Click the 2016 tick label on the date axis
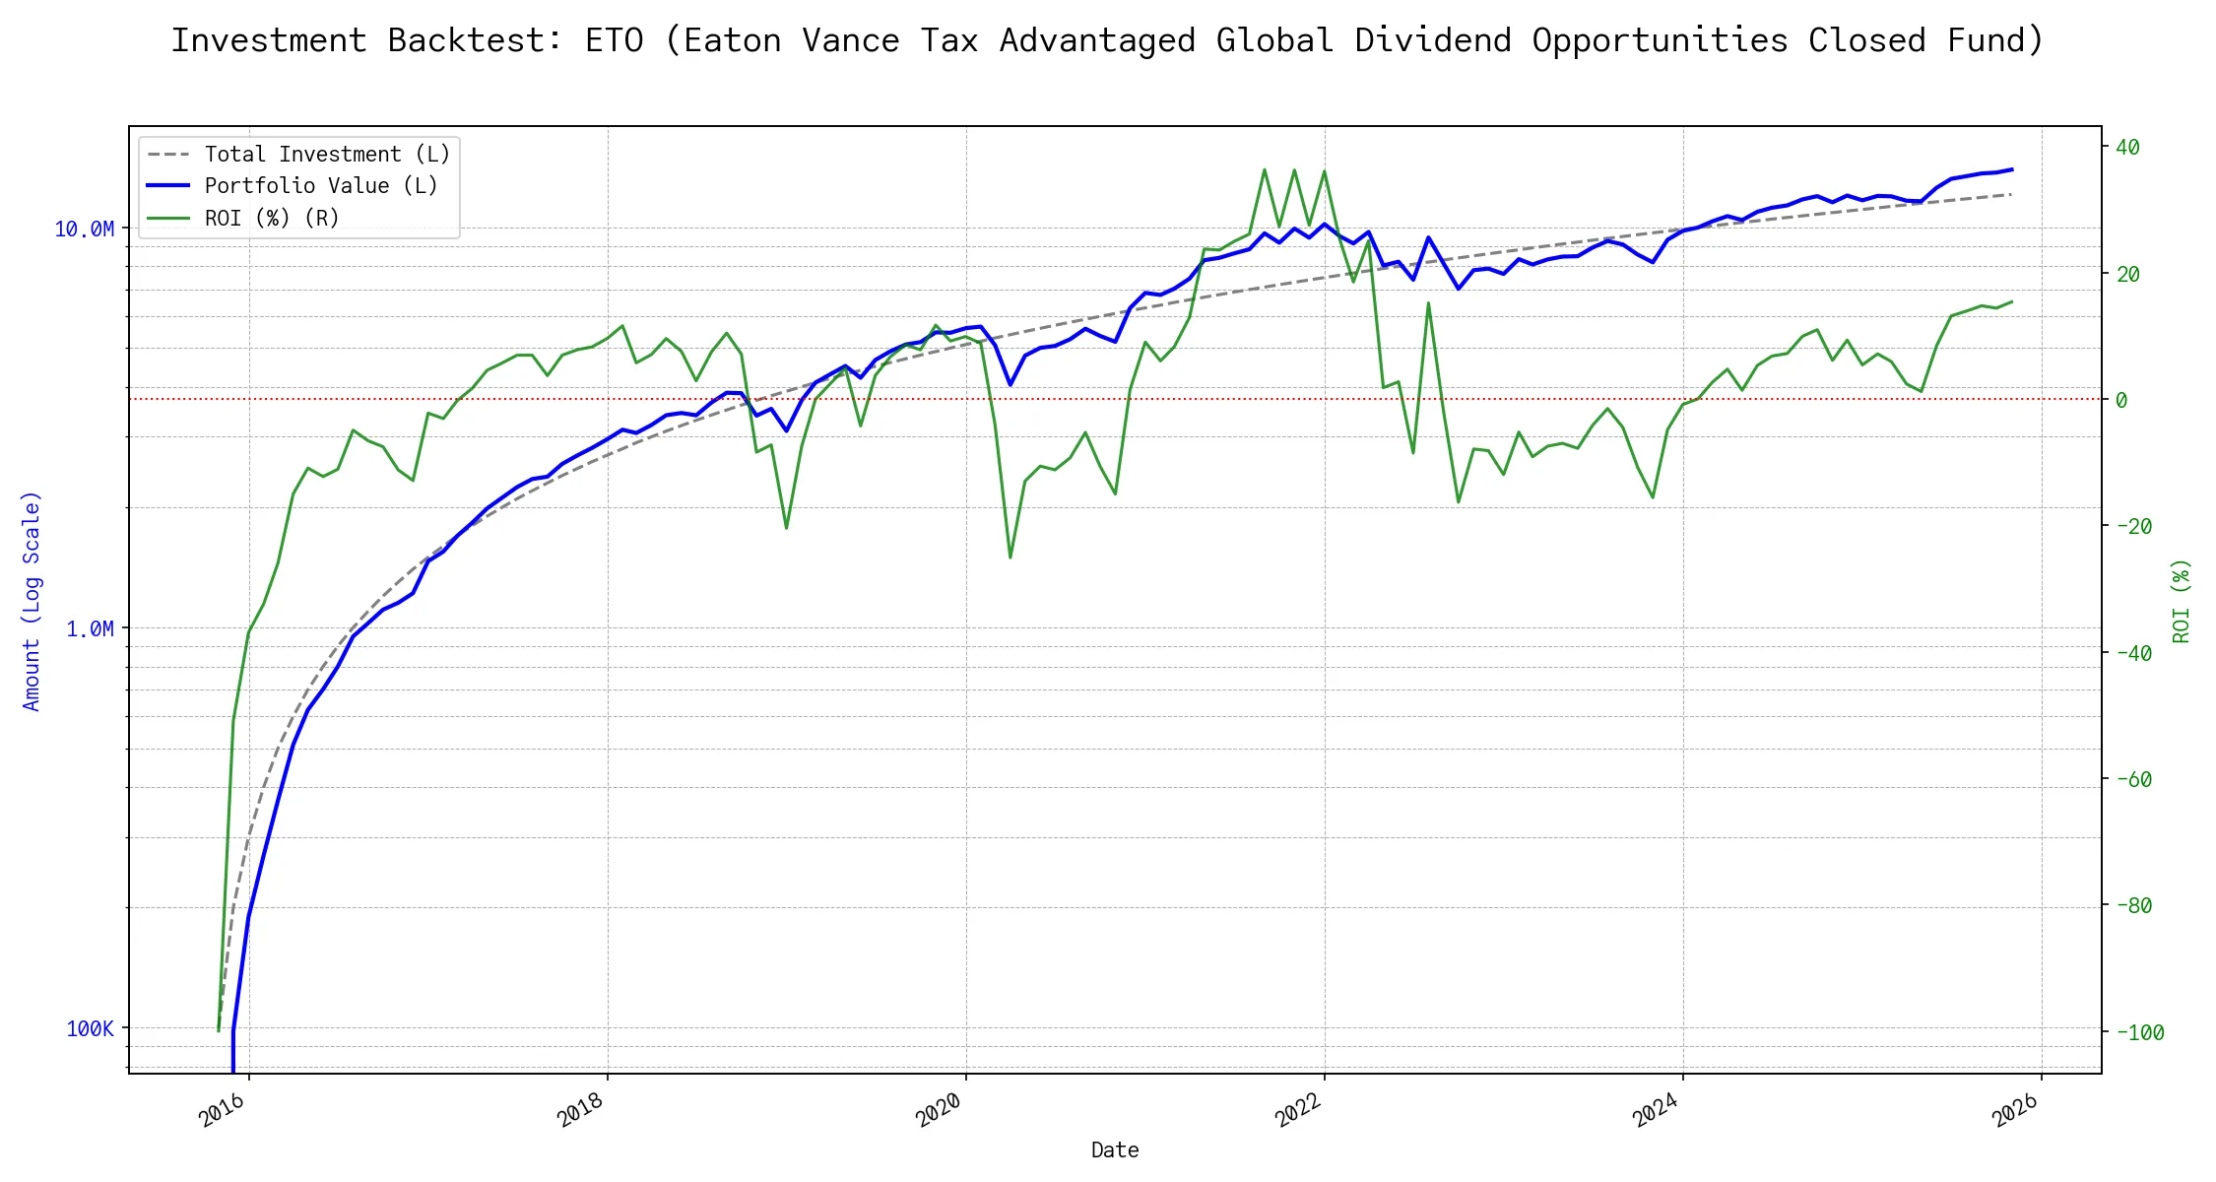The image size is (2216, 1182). pyautogui.click(x=223, y=1110)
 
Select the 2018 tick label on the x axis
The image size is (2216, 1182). pyautogui.click(x=581, y=1110)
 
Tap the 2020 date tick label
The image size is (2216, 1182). pyautogui.click(x=940, y=1110)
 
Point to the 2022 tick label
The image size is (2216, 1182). pyautogui.click(x=1298, y=1110)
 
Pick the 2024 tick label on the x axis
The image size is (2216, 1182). pyautogui.click(x=1657, y=1110)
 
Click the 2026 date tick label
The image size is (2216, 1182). pyautogui.click(x=2015, y=1110)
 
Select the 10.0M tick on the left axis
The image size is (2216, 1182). pyautogui.click(x=84, y=230)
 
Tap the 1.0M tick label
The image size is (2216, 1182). pyautogui.click(x=90, y=628)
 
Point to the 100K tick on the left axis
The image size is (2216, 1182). pyautogui.click(x=90, y=1029)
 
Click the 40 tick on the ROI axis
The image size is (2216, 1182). pyautogui.click(x=2127, y=148)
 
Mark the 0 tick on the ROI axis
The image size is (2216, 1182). pyautogui.click(x=2121, y=400)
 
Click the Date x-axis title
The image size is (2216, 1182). pyautogui.click(x=1115, y=1150)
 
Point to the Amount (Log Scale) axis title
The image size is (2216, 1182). pyautogui.click(x=32, y=601)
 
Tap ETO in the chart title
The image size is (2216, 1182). pyautogui.click(x=615, y=40)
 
